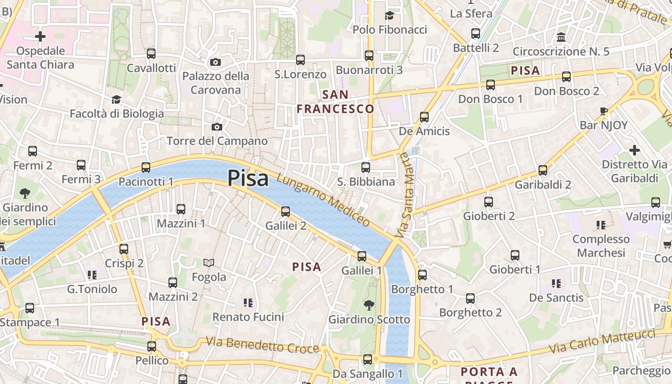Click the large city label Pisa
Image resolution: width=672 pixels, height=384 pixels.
tap(248, 178)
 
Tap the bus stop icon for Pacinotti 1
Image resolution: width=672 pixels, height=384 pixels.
tap(146, 168)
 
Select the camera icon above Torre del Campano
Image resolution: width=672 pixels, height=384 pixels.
tap(217, 127)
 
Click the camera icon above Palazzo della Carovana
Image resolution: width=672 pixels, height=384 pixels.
tap(216, 62)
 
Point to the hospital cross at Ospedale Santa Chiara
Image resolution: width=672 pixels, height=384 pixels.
tap(40, 36)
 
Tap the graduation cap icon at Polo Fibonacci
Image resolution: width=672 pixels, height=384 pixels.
tap(389, 15)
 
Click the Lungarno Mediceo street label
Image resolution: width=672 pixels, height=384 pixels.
tap(323, 200)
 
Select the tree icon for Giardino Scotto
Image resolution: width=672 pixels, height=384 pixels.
tap(369, 305)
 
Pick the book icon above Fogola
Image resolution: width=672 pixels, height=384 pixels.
tap(209, 263)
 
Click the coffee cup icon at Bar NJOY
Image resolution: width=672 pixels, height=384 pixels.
tap(604, 111)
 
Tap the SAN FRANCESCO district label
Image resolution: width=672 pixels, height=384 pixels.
tap(335, 102)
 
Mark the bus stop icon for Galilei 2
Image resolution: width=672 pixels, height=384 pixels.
tap(286, 211)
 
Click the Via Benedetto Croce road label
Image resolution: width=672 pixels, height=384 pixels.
tap(263, 345)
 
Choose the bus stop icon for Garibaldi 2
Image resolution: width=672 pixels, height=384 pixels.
tap(543, 170)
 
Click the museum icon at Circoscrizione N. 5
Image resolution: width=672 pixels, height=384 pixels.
tap(561, 37)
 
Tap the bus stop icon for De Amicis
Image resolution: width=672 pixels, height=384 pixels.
tap(424, 117)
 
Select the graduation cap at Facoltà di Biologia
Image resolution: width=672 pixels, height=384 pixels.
tap(116, 99)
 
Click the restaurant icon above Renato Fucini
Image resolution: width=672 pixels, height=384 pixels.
tap(248, 302)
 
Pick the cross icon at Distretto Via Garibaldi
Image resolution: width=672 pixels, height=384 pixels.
tap(635, 150)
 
